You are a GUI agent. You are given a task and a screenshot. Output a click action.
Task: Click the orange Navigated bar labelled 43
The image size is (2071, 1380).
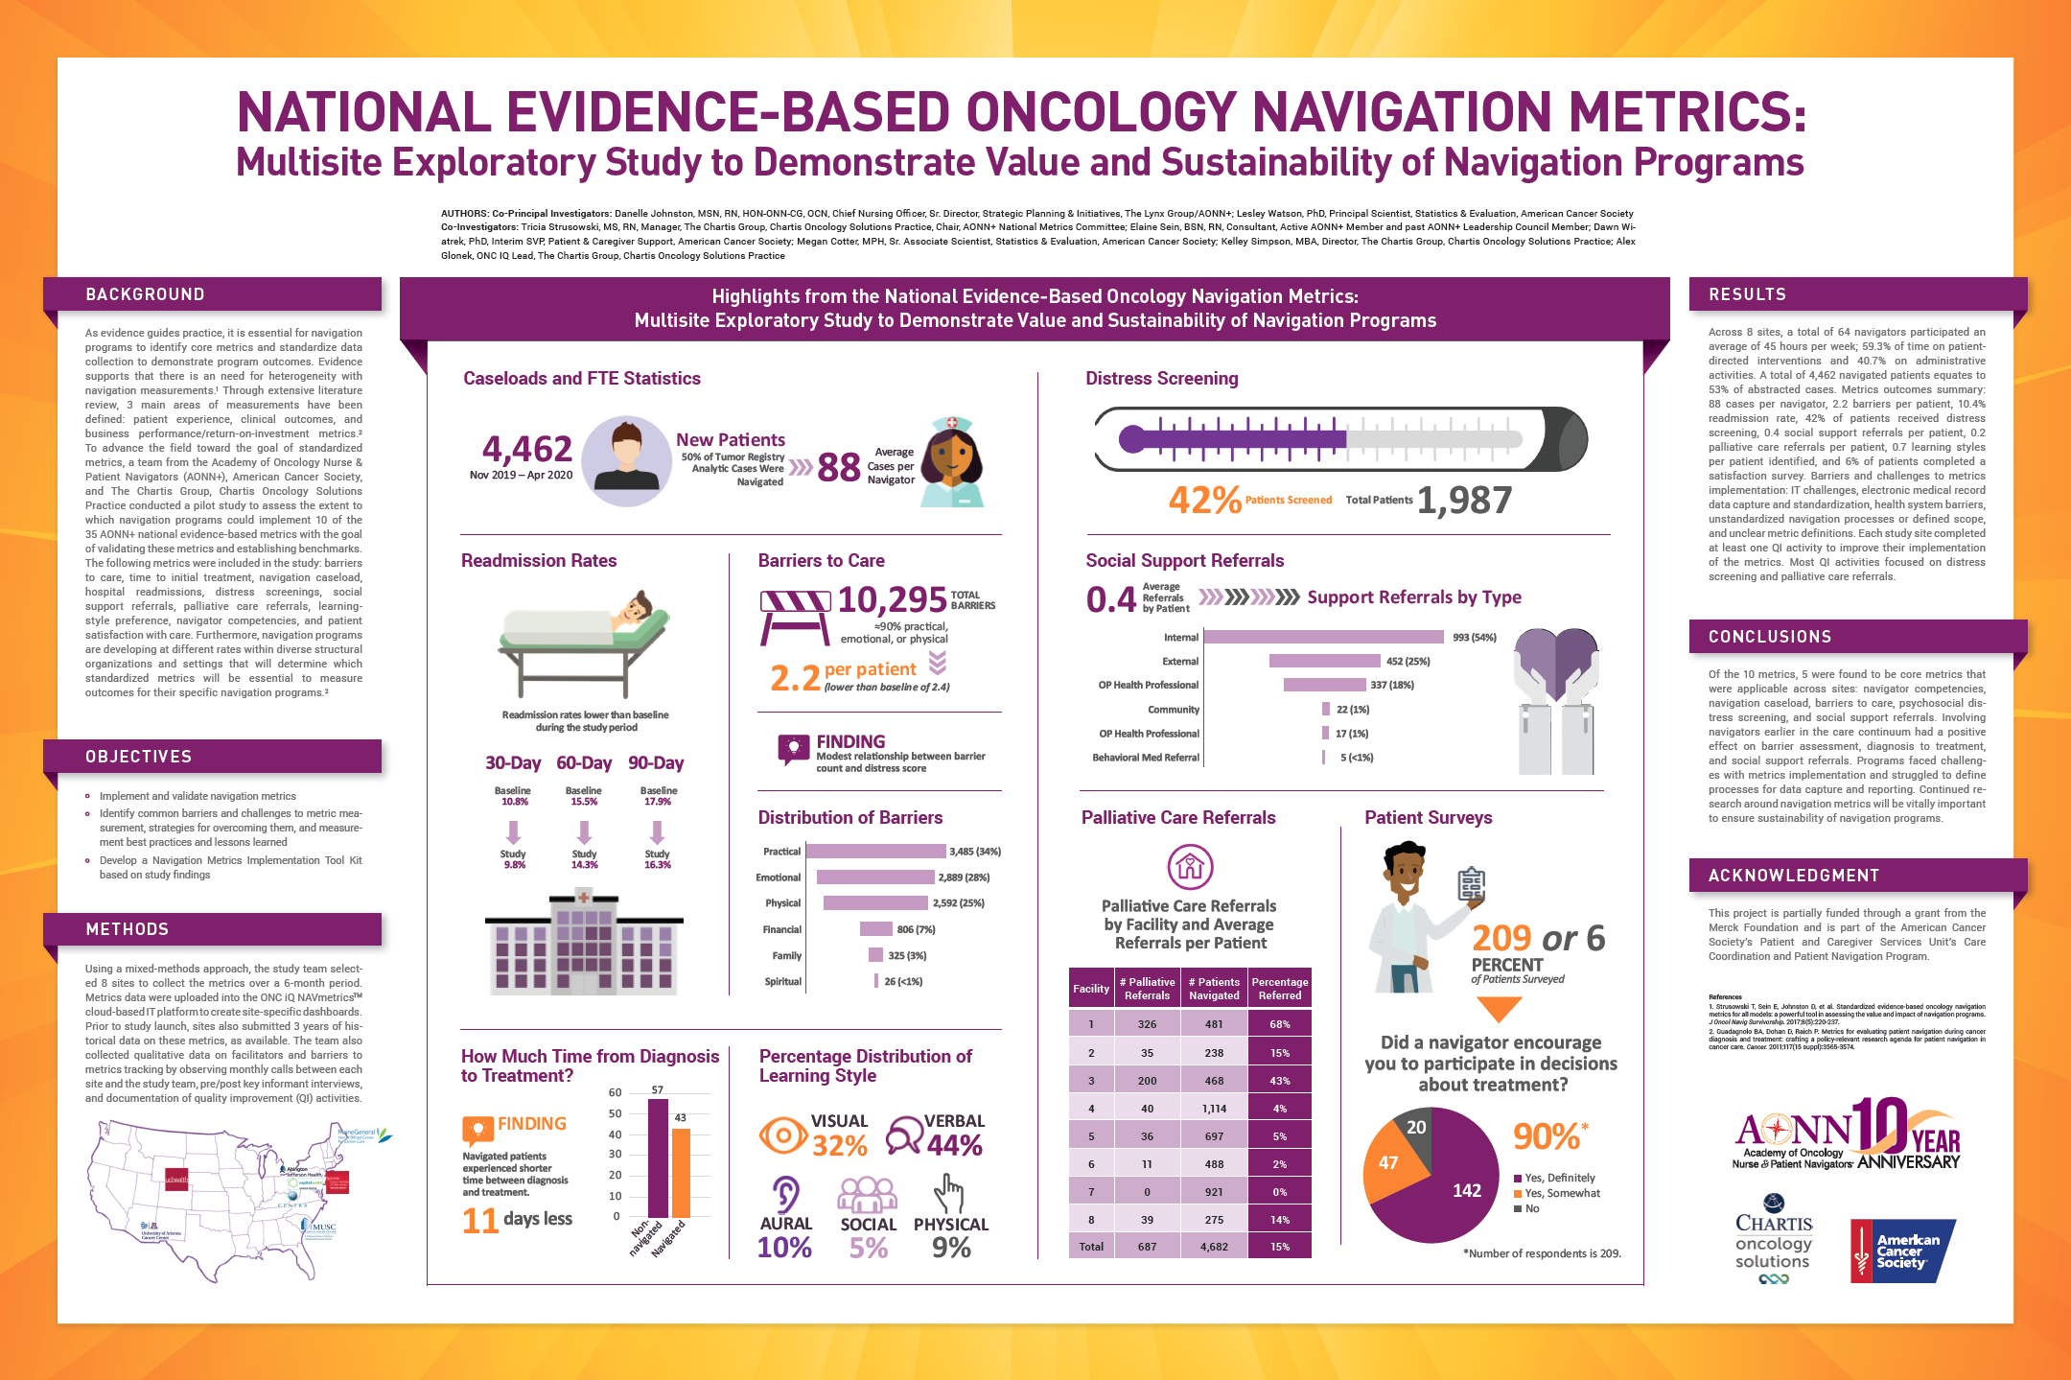coord(681,1172)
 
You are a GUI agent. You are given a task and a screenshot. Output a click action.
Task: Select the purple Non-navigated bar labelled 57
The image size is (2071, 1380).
coord(659,1158)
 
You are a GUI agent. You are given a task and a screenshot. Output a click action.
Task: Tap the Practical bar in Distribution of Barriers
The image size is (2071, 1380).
coord(876,852)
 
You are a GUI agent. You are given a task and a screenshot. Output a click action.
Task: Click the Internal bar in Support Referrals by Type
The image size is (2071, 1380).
coord(1323,637)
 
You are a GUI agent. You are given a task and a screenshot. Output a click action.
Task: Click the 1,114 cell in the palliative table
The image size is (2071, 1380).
coord(1214,1109)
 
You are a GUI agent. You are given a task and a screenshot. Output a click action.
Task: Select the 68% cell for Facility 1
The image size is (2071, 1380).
coord(1280,1024)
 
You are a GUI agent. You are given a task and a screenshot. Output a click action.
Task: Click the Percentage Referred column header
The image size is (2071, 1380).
coord(1280,989)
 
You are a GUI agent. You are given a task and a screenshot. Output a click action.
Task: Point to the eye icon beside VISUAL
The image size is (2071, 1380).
coord(782,1135)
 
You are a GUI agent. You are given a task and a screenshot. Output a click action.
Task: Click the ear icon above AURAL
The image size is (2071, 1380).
coord(785,1195)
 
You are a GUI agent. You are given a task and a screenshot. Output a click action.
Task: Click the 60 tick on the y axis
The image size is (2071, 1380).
coord(615,1093)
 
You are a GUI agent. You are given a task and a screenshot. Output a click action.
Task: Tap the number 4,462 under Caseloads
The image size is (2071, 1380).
coord(526,449)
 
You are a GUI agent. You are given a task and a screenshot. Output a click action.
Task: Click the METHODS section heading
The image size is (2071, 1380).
coord(128,929)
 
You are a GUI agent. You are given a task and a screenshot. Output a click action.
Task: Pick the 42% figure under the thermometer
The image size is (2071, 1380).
coord(1204,500)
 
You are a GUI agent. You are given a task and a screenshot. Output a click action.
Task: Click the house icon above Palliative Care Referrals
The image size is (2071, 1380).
coord(1190,867)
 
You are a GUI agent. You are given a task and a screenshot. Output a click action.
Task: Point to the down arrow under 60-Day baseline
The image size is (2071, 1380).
coord(584,830)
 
